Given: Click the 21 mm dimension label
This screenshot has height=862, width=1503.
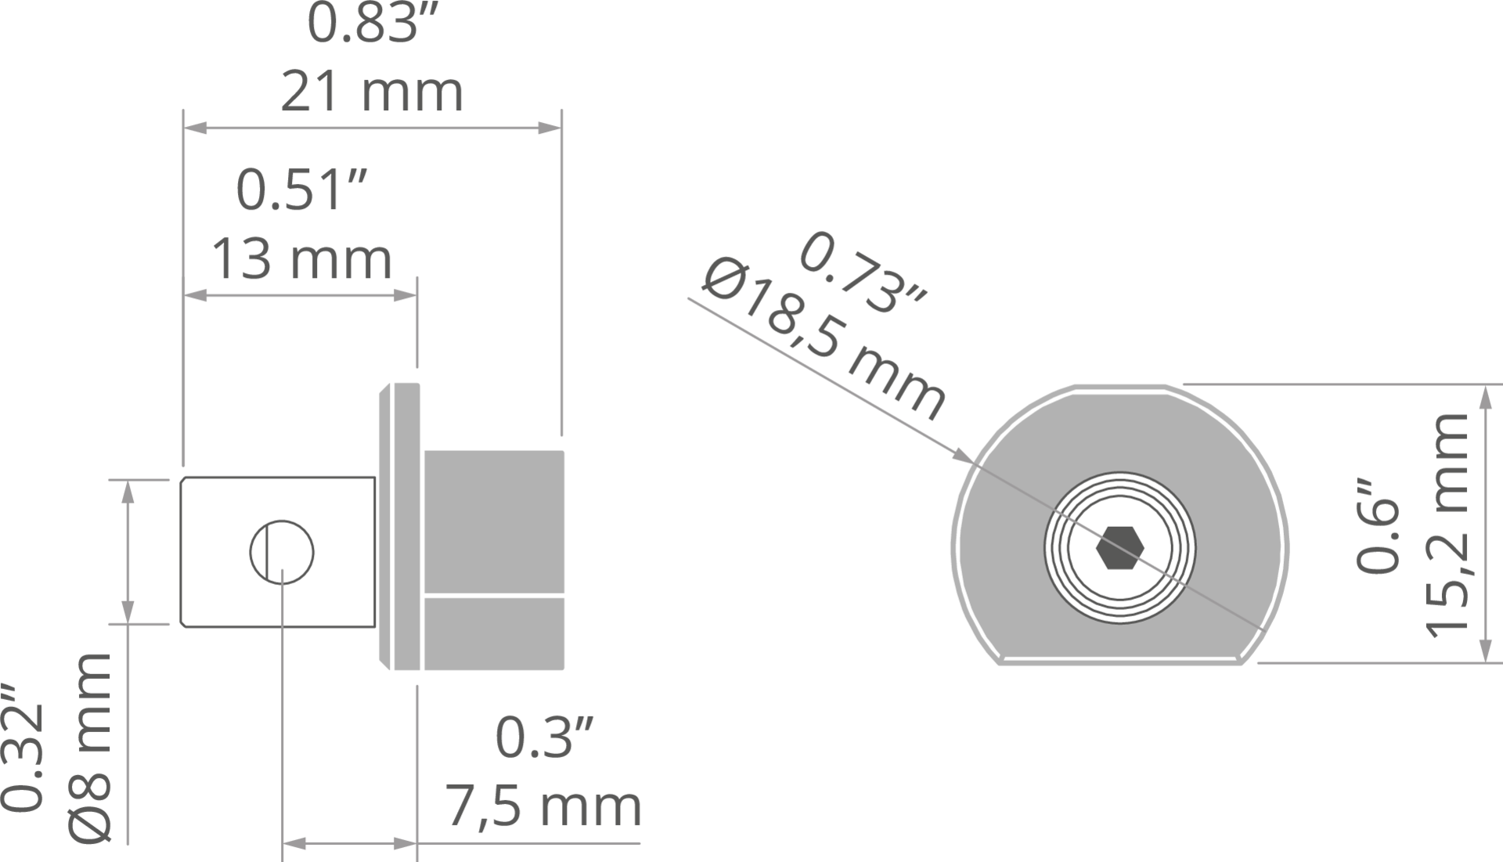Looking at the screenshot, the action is (372, 92).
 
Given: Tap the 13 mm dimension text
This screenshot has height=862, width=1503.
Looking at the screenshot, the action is (302, 259).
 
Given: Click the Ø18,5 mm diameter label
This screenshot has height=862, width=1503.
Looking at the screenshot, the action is (825, 341).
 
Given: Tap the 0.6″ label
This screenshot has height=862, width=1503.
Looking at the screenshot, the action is (1378, 525).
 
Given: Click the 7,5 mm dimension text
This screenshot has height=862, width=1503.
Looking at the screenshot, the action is (544, 807).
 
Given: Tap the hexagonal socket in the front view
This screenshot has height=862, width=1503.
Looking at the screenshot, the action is (1120, 547).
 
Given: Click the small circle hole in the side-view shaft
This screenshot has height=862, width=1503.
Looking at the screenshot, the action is (282, 552).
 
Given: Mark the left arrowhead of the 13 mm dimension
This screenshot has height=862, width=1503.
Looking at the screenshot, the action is (195, 295).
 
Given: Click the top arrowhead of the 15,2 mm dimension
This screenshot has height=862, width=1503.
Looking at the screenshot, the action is (1484, 396).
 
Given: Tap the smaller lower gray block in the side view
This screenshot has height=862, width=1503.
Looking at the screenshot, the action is (494, 634).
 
